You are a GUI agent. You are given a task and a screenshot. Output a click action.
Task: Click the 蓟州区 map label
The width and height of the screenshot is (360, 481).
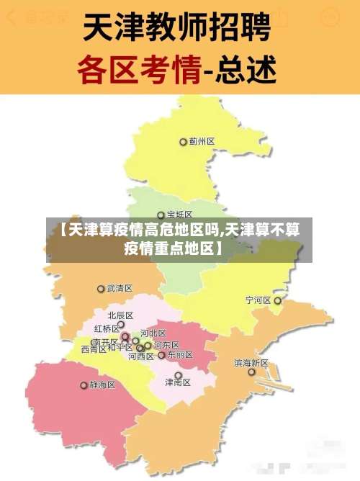click(202, 142)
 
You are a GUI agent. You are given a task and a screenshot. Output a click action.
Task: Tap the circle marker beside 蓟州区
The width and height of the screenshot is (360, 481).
click(183, 142)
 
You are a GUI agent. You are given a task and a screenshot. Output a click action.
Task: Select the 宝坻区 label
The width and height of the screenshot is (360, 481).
click(180, 215)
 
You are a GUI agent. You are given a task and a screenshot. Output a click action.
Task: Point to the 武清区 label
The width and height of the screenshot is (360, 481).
click(120, 288)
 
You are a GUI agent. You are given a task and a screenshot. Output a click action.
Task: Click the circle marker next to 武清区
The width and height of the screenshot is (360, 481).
click(101, 289)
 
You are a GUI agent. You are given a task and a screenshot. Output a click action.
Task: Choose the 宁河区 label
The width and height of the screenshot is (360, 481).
click(258, 300)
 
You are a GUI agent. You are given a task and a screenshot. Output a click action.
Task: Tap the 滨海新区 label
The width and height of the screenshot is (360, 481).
click(251, 363)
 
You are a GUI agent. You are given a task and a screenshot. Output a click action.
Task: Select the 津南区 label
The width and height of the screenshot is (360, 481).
click(178, 383)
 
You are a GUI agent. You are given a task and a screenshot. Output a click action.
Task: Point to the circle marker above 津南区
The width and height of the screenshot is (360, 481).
click(178, 374)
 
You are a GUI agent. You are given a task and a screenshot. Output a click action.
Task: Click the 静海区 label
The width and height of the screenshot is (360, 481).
click(102, 385)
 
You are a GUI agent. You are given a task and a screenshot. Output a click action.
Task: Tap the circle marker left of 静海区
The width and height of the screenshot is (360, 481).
click(83, 385)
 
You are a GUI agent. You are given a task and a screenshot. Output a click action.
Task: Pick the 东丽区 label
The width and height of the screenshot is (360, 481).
click(180, 355)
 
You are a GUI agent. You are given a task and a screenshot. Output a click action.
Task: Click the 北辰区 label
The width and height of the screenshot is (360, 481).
click(120, 315)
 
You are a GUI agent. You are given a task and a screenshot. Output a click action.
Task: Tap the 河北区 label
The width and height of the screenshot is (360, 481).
click(153, 333)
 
